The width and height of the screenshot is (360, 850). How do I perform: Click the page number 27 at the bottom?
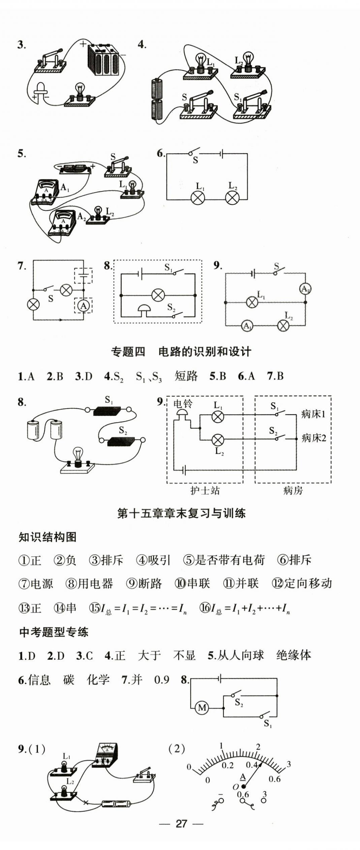181,823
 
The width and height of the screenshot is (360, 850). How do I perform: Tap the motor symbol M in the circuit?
202,707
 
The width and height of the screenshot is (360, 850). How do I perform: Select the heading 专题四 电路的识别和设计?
181,352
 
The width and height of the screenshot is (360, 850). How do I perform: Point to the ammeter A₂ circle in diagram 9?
305,289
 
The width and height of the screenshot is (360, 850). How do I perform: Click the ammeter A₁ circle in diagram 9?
247,326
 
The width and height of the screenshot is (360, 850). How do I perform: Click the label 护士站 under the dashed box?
205,490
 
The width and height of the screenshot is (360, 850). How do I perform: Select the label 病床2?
313,438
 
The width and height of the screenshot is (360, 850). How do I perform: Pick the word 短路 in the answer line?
186,376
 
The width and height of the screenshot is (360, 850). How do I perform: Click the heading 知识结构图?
48,537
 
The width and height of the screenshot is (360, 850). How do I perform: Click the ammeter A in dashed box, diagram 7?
83,306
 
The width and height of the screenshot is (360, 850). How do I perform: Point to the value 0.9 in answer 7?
161,680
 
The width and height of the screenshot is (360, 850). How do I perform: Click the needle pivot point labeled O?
243,786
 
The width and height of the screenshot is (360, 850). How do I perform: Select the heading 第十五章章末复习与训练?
181,513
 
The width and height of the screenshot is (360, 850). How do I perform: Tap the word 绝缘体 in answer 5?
293,655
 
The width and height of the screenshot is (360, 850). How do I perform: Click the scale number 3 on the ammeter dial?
288,764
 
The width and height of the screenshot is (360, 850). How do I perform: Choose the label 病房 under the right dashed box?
293,490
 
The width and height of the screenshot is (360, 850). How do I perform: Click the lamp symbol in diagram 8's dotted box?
158,295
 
